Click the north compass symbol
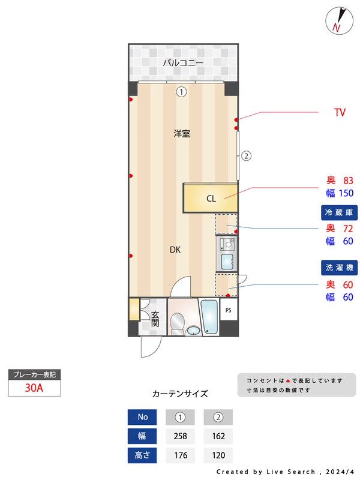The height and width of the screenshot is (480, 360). [339, 20]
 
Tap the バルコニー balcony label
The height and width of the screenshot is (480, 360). [183, 63]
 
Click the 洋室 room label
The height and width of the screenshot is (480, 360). [182, 133]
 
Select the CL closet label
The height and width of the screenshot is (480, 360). [211, 199]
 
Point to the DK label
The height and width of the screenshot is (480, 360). [175, 250]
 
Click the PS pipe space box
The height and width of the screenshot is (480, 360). [229, 310]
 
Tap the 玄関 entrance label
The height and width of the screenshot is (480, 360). [155, 319]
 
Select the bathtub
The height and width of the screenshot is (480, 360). [209, 317]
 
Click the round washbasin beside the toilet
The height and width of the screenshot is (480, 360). [193, 331]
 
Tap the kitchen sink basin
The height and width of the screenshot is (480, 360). [227, 262]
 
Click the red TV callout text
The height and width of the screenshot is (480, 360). [340, 112]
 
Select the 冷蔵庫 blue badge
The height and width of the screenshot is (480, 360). [339, 212]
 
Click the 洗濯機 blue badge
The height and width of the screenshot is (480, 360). [339, 268]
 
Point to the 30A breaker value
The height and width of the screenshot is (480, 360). [34, 388]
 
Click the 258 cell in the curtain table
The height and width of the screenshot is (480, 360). [181, 436]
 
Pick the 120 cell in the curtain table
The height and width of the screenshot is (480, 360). [218, 455]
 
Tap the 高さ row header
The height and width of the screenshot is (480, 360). [142, 455]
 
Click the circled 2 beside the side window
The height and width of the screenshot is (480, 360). [247, 156]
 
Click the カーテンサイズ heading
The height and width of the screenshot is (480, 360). [180, 394]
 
